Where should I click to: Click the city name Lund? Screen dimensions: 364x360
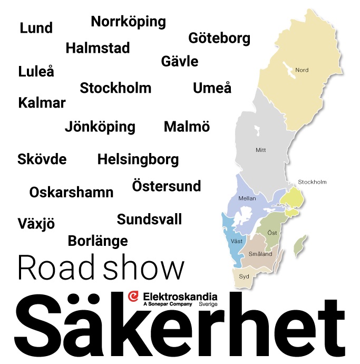(36, 28)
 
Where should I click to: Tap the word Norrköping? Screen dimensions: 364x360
(128, 22)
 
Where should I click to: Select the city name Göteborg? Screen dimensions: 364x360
(219, 39)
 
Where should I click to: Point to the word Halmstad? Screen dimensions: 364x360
(98, 48)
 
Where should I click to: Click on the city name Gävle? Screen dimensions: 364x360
(180, 61)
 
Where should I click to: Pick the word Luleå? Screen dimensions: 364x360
(36, 71)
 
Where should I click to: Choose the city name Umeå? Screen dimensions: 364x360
(212, 88)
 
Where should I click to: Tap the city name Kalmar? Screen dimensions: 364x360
(42, 102)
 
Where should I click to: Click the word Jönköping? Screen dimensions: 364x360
(100, 127)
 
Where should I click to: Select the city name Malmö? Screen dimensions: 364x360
(187, 127)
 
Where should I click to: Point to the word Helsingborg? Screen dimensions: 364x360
(138, 159)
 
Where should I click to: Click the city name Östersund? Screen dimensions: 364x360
(167, 186)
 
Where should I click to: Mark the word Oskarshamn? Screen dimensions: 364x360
(71, 193)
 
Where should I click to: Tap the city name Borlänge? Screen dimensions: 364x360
(98, 241)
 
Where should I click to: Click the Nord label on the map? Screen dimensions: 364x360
(301, 70)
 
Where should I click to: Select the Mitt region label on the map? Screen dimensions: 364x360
(260, 150)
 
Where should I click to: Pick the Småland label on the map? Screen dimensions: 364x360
(260, 254)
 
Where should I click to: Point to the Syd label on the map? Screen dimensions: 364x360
(244, 276)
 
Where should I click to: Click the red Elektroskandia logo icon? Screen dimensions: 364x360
(133, 297)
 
